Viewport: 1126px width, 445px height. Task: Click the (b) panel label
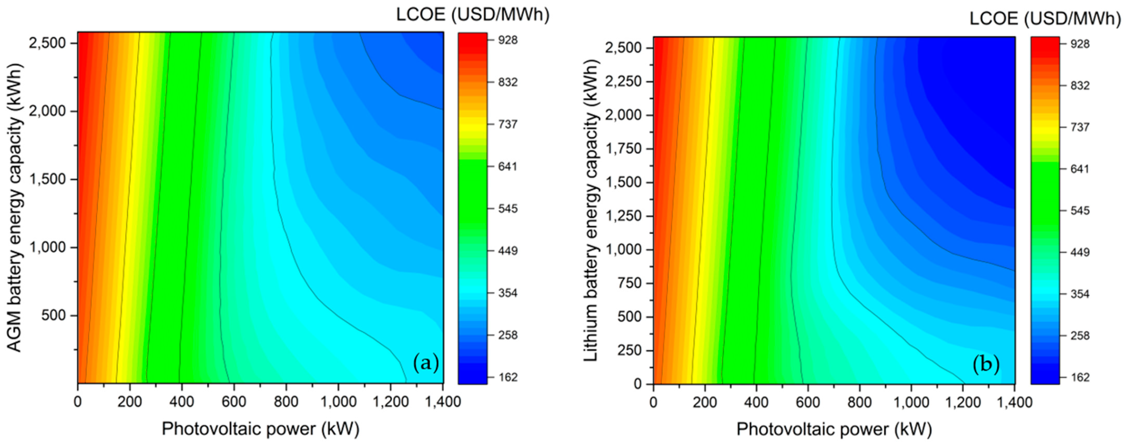[986, 364]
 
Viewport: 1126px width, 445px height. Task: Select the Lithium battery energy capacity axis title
[590, 210]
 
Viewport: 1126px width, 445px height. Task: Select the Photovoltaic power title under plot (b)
[834, 429]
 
